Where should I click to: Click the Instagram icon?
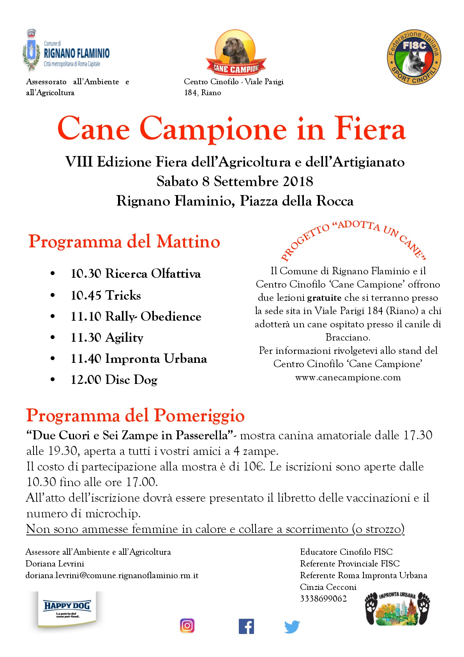pyautogui.click(x=187, y=625)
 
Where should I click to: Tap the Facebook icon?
pyautogui.click(x=246, y=626)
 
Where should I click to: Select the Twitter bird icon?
pyautogui.click(x=292, y=627)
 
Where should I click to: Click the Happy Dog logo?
pyautogui.click(x=67, y=609)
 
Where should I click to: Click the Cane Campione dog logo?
pyautogui.click(x=236, y=53)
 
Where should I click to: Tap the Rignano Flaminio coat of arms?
pyautogui.click(x=31, y=51)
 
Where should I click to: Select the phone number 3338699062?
pyautogui.click(x=323, y=598)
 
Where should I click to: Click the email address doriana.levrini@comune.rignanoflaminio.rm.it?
pyautogui.click(x=112, y=575)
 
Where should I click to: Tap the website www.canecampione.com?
pyautogui.click(x=348, y=377)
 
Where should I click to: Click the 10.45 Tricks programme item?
pyautogui.click(x=106, y=295)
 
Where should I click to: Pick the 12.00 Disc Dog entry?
pyautogui.click(x=114, y=380)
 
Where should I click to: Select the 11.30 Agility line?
pyautogui.click(x=107, y=337)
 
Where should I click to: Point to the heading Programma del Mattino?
pyautogui.click(x=124, y=241)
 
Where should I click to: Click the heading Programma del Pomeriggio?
pyautogui.click(x=135, y=416)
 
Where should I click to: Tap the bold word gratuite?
pyautogui.click(x=324, y=298)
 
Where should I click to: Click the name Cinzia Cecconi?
pyautogui.click(x=328, y=587)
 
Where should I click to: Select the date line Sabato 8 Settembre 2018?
pyautogui.click(x=235, y=181)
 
